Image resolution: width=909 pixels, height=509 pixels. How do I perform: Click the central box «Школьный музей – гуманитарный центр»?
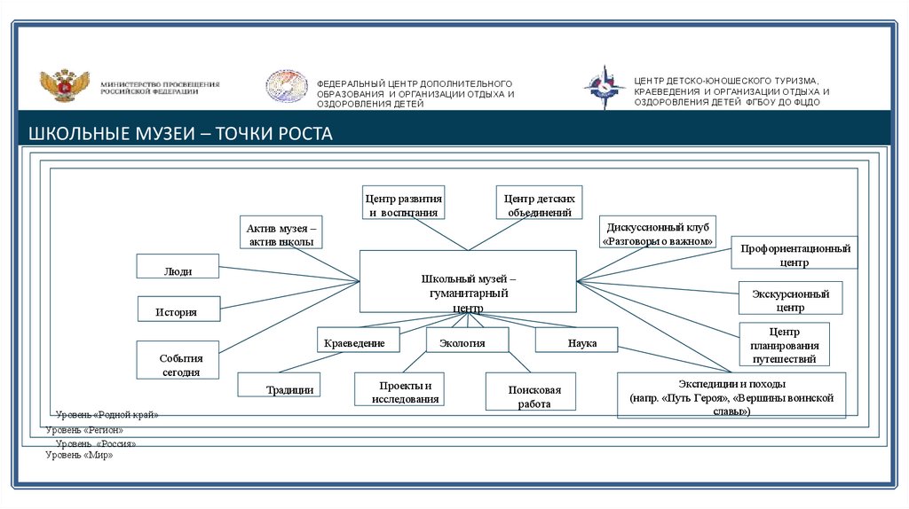[x=467, y=281]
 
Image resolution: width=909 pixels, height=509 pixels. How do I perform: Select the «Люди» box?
[x=178, y=267]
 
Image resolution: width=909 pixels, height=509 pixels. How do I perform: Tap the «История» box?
[x=178, y=309]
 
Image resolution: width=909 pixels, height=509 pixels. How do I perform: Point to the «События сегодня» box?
[x=178, y=361]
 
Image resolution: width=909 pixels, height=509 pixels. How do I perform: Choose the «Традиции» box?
[x=279, y=385]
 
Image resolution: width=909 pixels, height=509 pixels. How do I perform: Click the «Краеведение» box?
[x=358, y=340]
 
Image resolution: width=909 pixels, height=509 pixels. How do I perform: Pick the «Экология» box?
[x=467, y=340]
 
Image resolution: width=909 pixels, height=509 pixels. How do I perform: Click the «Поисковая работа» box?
[x=530, y=391]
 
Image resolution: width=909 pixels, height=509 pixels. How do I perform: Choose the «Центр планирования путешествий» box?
[x=784, y=345]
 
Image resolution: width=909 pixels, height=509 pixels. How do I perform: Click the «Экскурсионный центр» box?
[x=789, y=298]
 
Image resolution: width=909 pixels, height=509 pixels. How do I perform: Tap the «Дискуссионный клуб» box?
[x=658, y=232]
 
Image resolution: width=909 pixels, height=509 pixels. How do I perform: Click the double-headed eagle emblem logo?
[x=64, y=87]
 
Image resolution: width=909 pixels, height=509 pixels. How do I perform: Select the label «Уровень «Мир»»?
[x=80, y=455]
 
